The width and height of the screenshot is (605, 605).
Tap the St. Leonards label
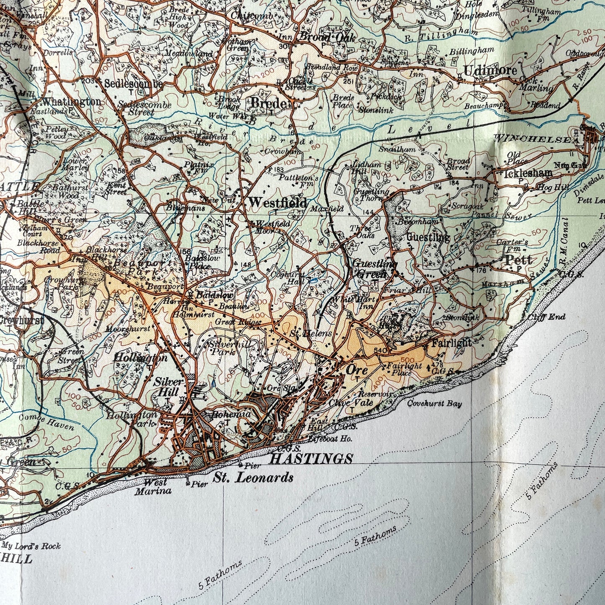253,477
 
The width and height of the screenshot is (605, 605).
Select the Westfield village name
277,202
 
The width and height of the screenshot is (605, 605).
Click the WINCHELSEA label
535,138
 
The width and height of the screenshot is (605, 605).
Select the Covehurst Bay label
435,404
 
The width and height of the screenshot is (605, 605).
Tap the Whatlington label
71,102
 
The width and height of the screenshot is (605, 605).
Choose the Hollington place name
140,358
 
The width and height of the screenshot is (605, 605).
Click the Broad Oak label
327,38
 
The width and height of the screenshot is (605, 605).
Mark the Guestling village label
428,238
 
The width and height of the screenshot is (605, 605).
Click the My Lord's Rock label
31,546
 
